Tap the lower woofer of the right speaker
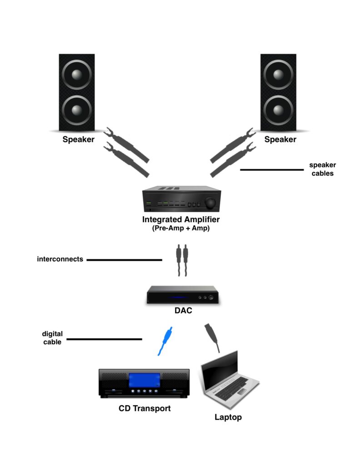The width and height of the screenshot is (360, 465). (x=278, y=110)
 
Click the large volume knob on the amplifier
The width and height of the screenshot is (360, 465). (x=210, y=203)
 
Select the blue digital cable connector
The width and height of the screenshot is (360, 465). (x=164, y=341)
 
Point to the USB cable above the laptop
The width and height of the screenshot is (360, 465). (x=212, y=337)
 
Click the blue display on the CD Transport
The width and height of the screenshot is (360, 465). (x=145, y=381)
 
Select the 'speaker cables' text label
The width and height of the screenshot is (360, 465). (x=322, y=169)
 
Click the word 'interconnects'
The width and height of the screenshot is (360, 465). (x=60, y=259)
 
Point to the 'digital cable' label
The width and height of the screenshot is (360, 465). (x=52, y=338)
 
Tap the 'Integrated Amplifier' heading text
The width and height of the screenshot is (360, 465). (x=181, y=220)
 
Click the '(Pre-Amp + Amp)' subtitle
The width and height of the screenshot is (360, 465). (x=180, y=229)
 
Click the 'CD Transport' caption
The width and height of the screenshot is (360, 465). (x=145, y=408)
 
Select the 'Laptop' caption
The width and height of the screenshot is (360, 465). (x=228, y=417)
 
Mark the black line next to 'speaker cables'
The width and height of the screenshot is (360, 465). (x=271, y=170)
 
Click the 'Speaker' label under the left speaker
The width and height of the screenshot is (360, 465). (x=78, y=139)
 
